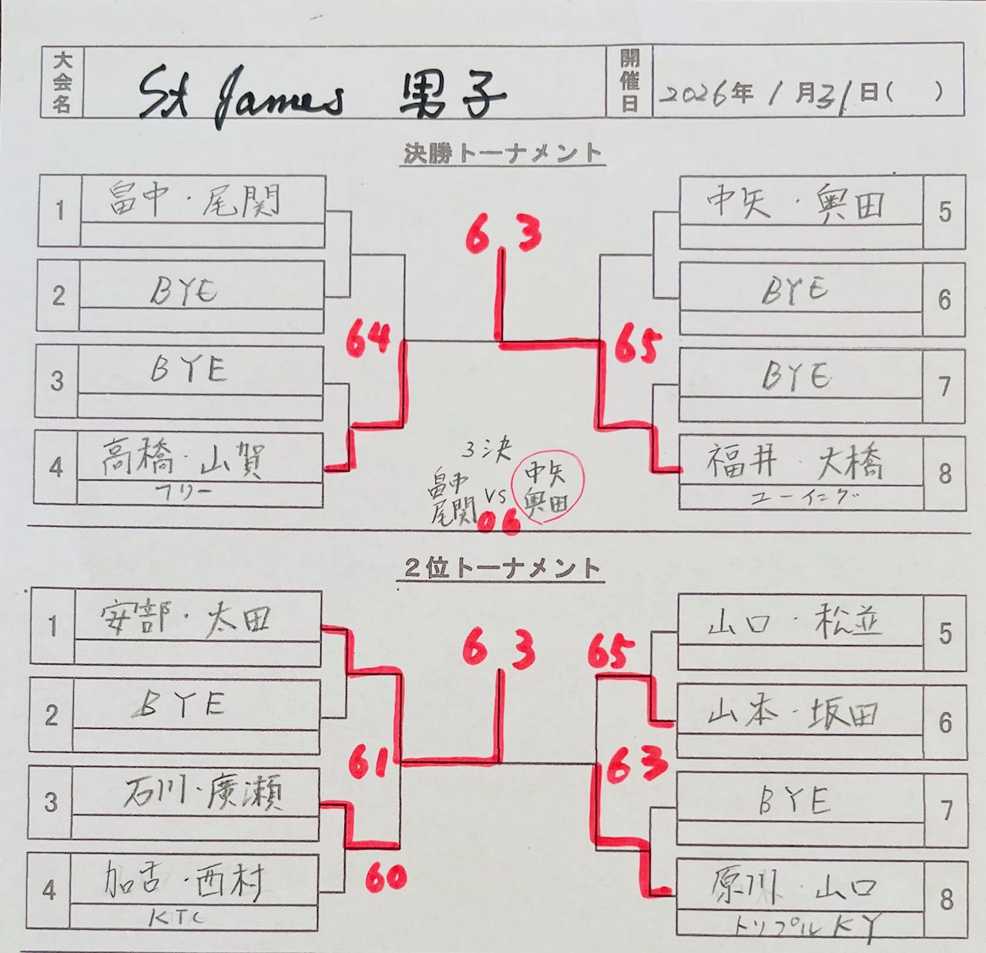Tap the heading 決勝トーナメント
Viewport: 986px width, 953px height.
[x=502, y=153]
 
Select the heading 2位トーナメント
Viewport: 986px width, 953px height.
[x=502, y=569]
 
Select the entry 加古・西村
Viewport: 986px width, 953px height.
[x=185, y=881]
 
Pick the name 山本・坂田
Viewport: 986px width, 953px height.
[x=793, y=714]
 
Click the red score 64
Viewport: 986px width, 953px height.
[x=368, y=339]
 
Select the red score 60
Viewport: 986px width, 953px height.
[x=386, y=876]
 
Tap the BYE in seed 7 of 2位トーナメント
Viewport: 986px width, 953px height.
[x=795, y=801]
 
